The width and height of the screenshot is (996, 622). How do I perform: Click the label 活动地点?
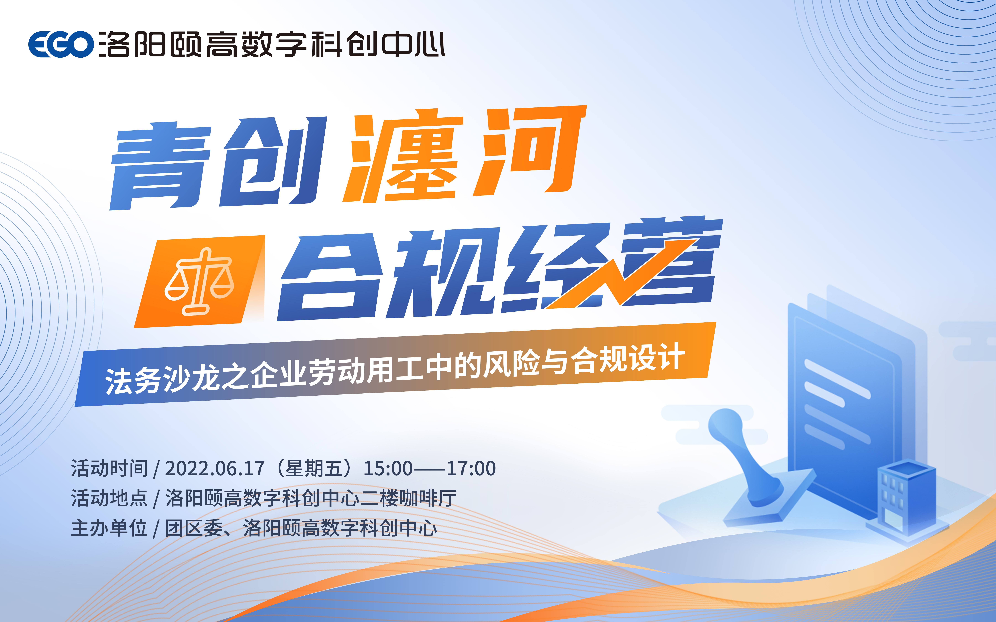(109, 498)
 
